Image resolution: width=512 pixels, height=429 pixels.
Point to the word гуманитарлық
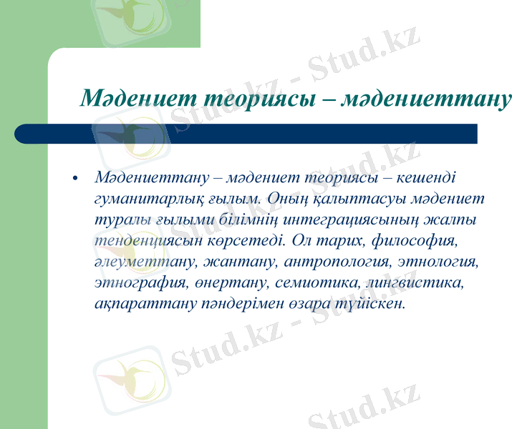[x=138, y=197]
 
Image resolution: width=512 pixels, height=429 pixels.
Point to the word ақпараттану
[x=139, y=303]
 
